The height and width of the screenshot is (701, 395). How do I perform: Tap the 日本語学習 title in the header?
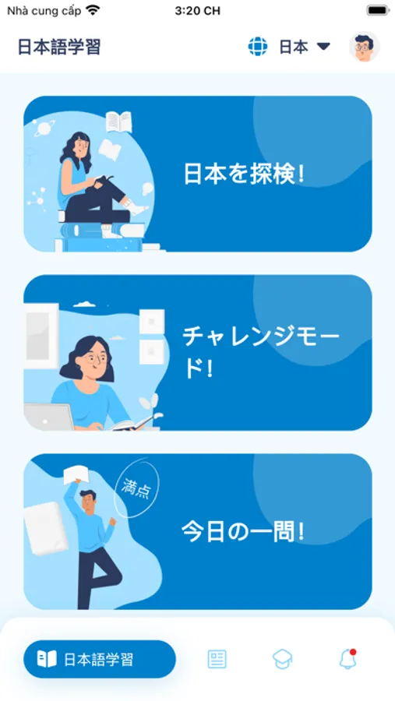(59, 47)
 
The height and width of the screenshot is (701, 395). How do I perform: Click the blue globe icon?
(258, 46)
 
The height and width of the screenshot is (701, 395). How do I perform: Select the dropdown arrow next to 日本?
(323, 46)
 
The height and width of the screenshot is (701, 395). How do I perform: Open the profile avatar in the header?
(364, 46)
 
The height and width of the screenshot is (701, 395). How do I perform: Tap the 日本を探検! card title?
(245, 174)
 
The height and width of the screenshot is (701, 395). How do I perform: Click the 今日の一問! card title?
(243, 531)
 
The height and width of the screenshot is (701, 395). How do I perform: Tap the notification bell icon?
(347, 658)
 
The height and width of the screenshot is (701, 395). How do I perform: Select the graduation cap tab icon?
(283, 659)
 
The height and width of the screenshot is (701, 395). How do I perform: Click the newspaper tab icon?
(217, 659)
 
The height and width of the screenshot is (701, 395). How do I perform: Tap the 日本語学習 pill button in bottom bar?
(99, 659)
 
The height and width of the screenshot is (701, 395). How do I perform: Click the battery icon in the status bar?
(379, 10)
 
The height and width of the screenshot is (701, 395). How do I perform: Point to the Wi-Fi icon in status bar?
(93, 10)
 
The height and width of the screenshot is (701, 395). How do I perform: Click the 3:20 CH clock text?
(197, 11)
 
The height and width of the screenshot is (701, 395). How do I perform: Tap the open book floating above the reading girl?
(119, 122)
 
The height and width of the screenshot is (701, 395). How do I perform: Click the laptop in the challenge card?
(49, 417)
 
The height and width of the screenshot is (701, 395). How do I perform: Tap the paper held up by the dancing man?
(76, 474)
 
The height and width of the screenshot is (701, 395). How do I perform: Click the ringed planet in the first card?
(44, 129)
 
